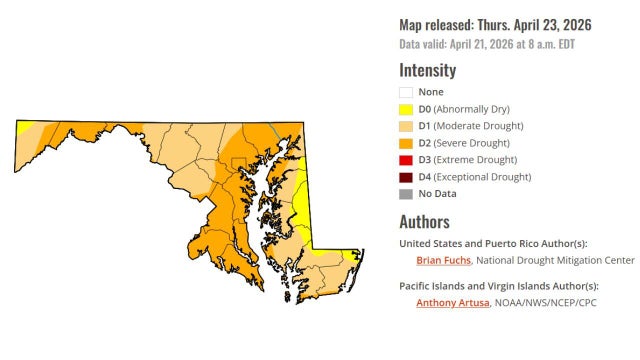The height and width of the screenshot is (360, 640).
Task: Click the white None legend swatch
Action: (407, 92)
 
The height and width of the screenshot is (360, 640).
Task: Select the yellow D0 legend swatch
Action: (407, 109)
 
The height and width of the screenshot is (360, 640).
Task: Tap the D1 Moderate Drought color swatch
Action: (407, 126)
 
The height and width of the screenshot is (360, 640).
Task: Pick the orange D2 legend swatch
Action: (407, 143)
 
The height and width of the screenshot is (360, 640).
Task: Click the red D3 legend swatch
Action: (407, 160)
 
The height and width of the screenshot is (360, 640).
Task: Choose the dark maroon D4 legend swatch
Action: (407, 177)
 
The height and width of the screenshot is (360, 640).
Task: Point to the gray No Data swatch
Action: (407, 194)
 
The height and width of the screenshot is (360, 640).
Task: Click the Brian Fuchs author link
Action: (443, 260)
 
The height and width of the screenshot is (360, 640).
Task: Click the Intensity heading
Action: (427, 70)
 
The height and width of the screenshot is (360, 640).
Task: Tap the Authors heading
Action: (424, 222)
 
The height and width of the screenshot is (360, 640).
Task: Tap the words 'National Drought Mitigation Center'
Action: (555, 260)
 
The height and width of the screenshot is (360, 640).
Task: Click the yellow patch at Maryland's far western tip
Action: (22, 127)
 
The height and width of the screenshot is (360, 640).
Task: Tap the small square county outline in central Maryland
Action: (239, 164)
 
